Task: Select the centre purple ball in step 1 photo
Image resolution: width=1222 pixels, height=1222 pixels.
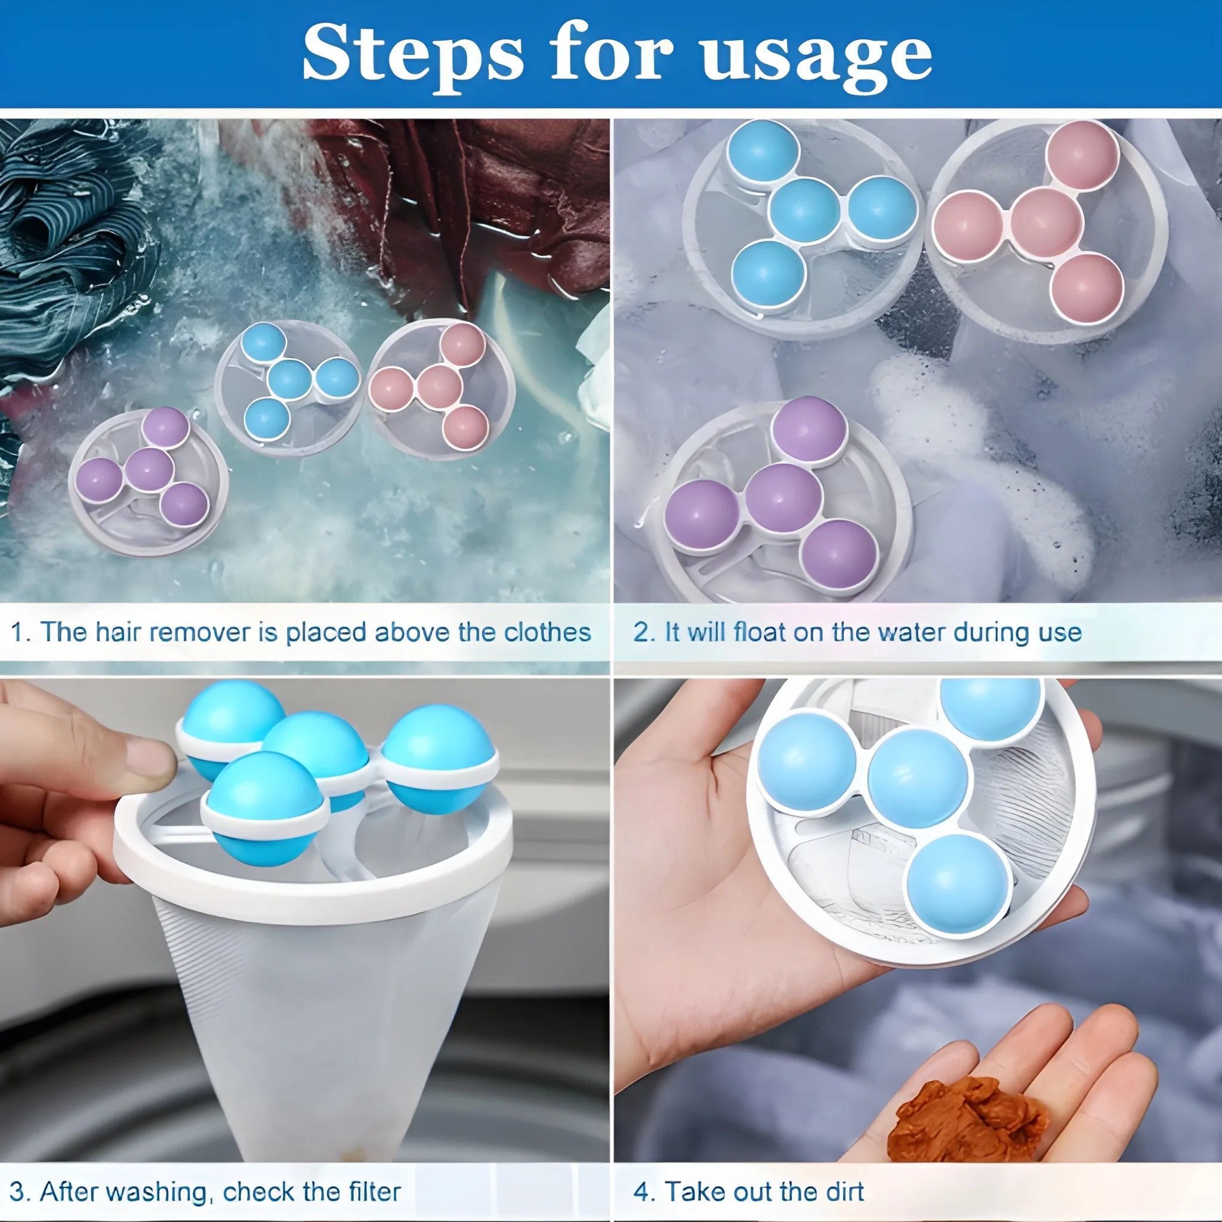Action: click(149, 470)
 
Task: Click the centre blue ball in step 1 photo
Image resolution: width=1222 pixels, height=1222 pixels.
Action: click(289, 380)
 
